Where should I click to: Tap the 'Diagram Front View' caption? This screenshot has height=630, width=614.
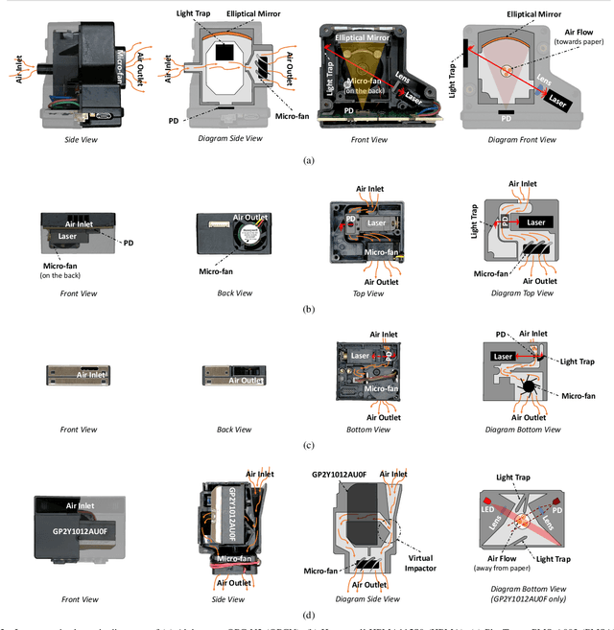click(x=522, y=140)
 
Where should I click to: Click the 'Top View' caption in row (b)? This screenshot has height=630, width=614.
click(x=367, y=292)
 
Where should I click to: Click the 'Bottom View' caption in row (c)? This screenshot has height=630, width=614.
click(x=367, y=430)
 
